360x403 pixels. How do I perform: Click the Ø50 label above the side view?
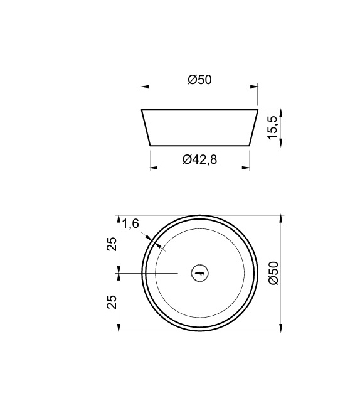(x=199, y=80)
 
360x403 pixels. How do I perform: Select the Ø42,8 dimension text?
(x=199, y=159)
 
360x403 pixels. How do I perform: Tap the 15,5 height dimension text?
(x=272, y=128)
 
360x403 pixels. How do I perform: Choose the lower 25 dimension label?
(x=112, y=302)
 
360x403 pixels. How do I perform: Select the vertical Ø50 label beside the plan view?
(x=272, y=274)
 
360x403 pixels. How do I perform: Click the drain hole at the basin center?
(x=200, y=273)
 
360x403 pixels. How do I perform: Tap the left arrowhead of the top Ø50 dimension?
(x=144, y=87)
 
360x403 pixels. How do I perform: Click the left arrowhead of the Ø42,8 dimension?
(x=152, y=168)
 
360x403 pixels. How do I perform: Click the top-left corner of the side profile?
(x=142, y=110)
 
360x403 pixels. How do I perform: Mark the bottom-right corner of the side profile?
(x=250, y=145)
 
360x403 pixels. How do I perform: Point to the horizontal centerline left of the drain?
(x=151, y=273)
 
